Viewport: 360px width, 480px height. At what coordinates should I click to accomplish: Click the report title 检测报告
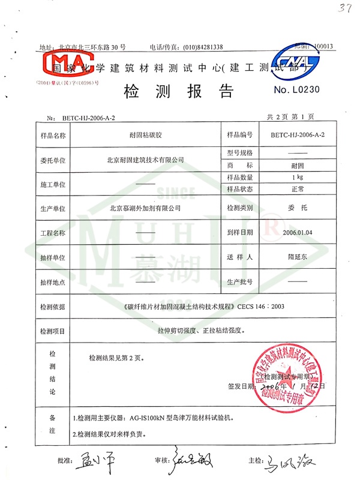(x=178, y=92)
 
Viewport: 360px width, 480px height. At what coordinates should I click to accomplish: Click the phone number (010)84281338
(x=194, y=47)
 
